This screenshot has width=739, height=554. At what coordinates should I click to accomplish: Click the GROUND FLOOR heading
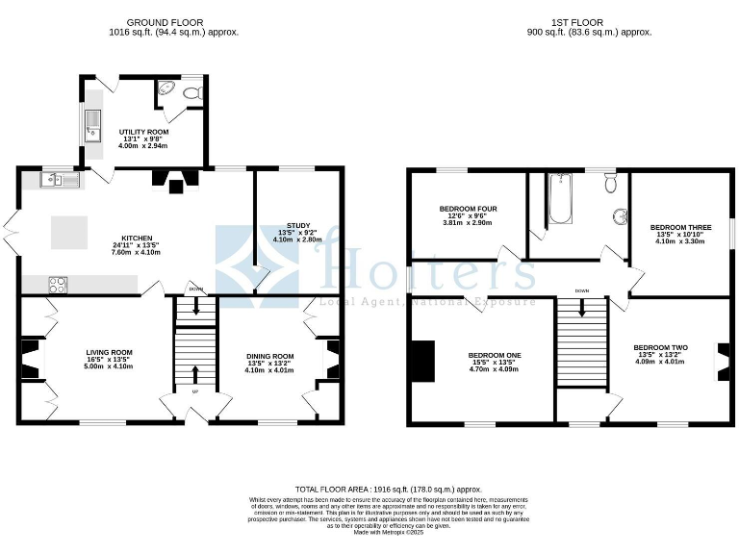click(174, 21)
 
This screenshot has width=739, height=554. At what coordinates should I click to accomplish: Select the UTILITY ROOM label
click(143, 131)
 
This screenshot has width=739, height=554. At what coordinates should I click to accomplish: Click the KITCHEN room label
click(137, 239)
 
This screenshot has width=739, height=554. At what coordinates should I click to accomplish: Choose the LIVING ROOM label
click(108, 353)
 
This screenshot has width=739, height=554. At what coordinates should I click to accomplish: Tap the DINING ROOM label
click(268, 357)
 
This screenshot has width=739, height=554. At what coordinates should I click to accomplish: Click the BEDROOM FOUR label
click(468, 209)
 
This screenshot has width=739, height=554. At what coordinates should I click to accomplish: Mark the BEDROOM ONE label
click(494, 355)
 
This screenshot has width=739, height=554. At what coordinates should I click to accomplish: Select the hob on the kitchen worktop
click(58, 285)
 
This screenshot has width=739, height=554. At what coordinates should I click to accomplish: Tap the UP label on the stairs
click(196, 393)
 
